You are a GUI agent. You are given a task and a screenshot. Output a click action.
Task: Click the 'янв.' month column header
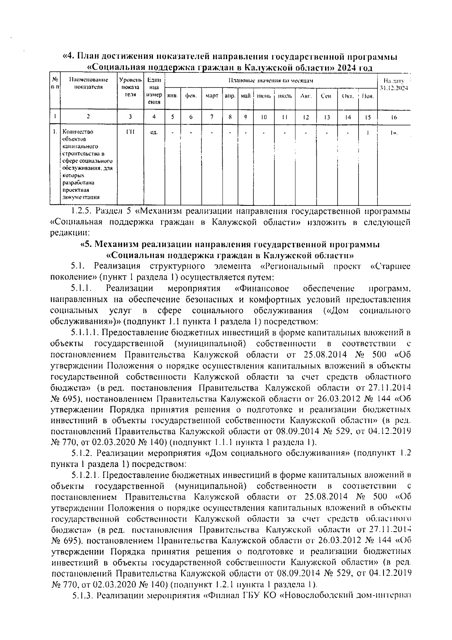tap(173, 96)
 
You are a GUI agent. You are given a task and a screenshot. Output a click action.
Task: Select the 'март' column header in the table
tap(212, 96)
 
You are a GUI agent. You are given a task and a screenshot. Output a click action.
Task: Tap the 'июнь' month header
tap(264, 96)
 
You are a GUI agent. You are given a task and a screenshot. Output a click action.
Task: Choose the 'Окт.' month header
tap(347, 96)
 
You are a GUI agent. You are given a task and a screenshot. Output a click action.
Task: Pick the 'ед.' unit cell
tap(154, 132)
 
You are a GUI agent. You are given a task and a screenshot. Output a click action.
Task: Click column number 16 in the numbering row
tap(394, 117)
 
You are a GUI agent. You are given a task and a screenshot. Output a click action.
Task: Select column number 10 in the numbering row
tap(264, 117)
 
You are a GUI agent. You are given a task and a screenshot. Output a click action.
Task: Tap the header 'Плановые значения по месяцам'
tap(271, 81)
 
